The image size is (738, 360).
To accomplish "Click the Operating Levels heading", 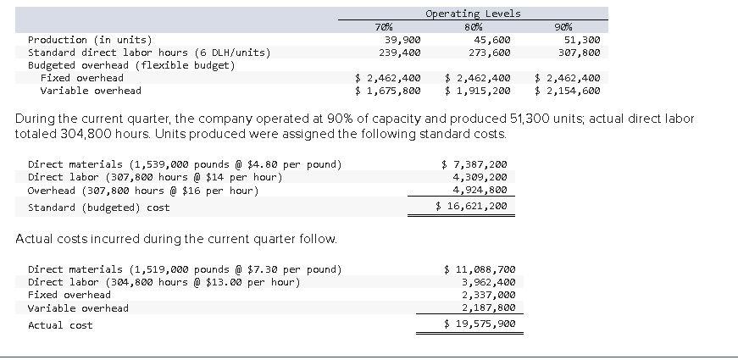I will (473, 13).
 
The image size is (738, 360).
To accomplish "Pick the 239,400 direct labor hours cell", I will (400, 53).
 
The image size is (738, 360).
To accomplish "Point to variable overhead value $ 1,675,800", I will (387, 91).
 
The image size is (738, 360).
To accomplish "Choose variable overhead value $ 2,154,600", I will (568, 91).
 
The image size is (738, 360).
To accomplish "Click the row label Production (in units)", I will (90, 40).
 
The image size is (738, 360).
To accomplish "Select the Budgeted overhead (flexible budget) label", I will (131, 65).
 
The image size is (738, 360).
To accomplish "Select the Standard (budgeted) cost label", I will (98, 208).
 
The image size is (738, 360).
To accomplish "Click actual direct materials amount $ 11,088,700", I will (480, 269).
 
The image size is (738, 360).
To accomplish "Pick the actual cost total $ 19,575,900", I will (480, 324).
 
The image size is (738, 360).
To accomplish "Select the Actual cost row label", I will (60, 325).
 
